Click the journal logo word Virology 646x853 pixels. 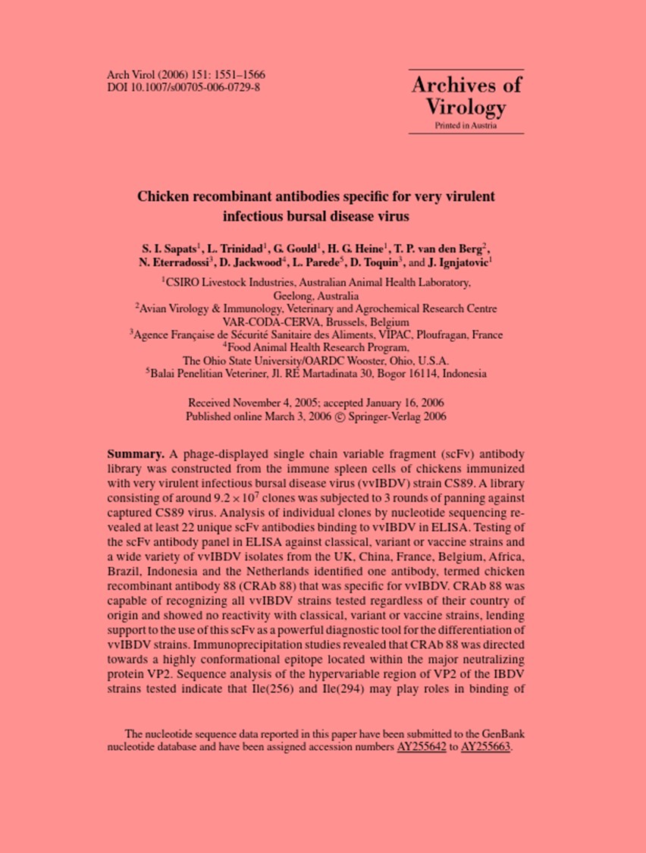pos(466,107)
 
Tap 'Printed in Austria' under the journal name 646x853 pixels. pos(466,126)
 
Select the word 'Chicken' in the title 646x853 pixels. pos(161,196)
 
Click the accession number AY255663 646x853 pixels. pos(487,746)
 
